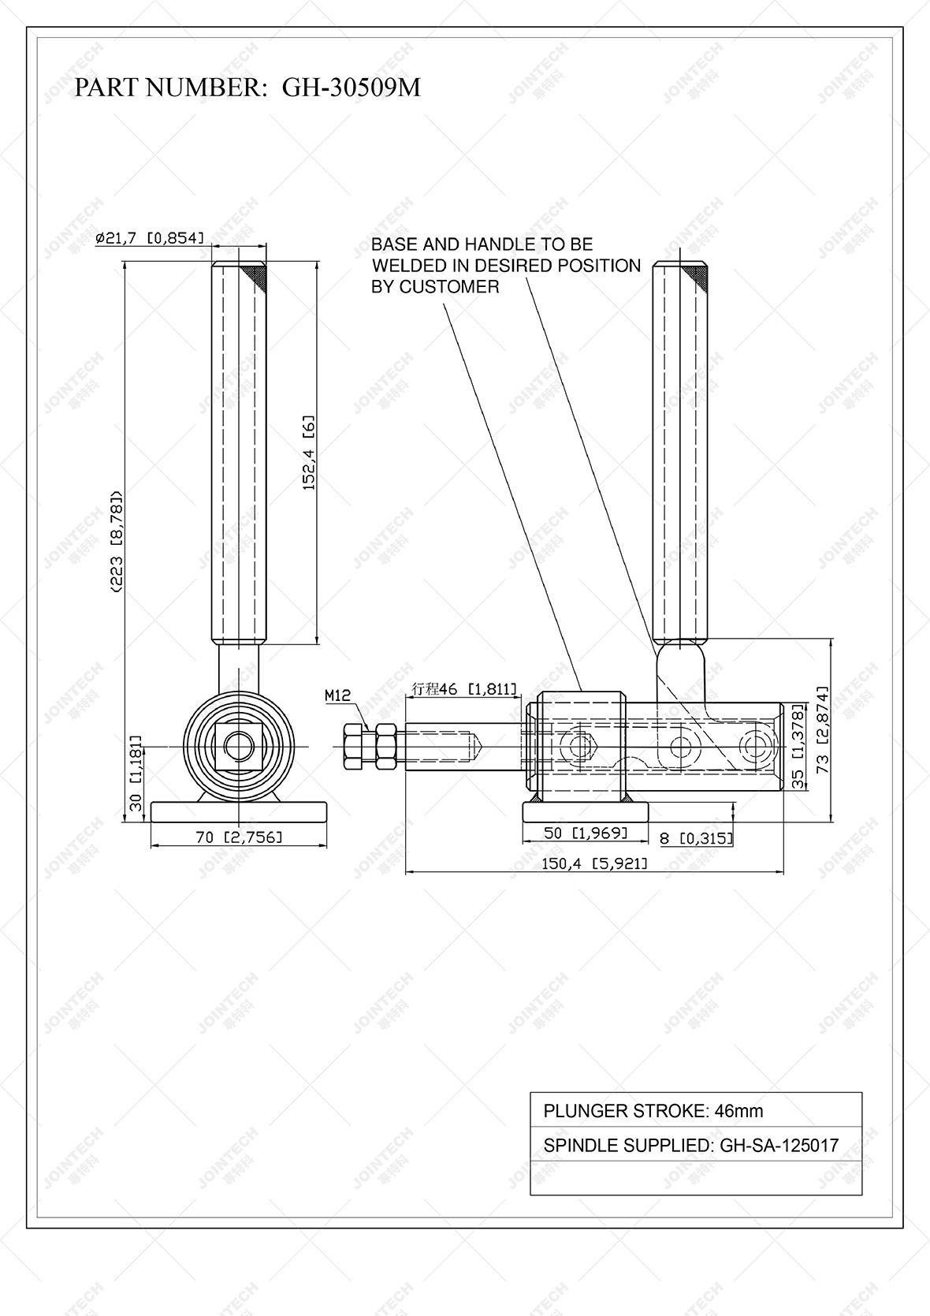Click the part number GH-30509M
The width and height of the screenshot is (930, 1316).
[352, 88]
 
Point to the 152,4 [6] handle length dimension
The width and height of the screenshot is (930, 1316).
[310, 453]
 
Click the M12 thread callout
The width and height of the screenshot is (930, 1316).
[337, 695]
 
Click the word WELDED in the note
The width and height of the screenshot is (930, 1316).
[407, 266]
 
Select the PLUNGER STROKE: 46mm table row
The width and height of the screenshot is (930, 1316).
[695, 1111]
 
